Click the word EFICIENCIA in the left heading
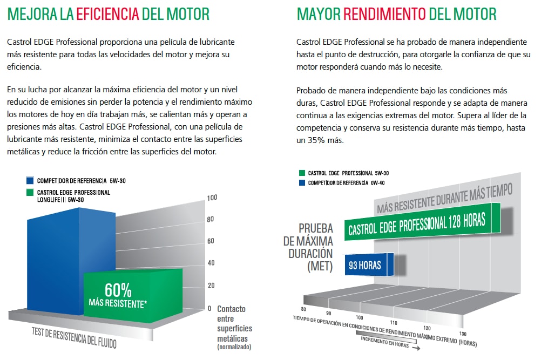pos(108,13)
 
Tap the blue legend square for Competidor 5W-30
pos(31,180)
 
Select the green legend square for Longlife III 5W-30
pos(31,192)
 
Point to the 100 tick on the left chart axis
pos(212,198)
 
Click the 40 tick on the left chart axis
pos(212,263)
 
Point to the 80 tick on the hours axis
pos(303,310)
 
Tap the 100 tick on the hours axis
pos(359,318)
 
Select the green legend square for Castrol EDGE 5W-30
pos(302,173)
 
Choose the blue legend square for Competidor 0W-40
pos(302,183)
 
